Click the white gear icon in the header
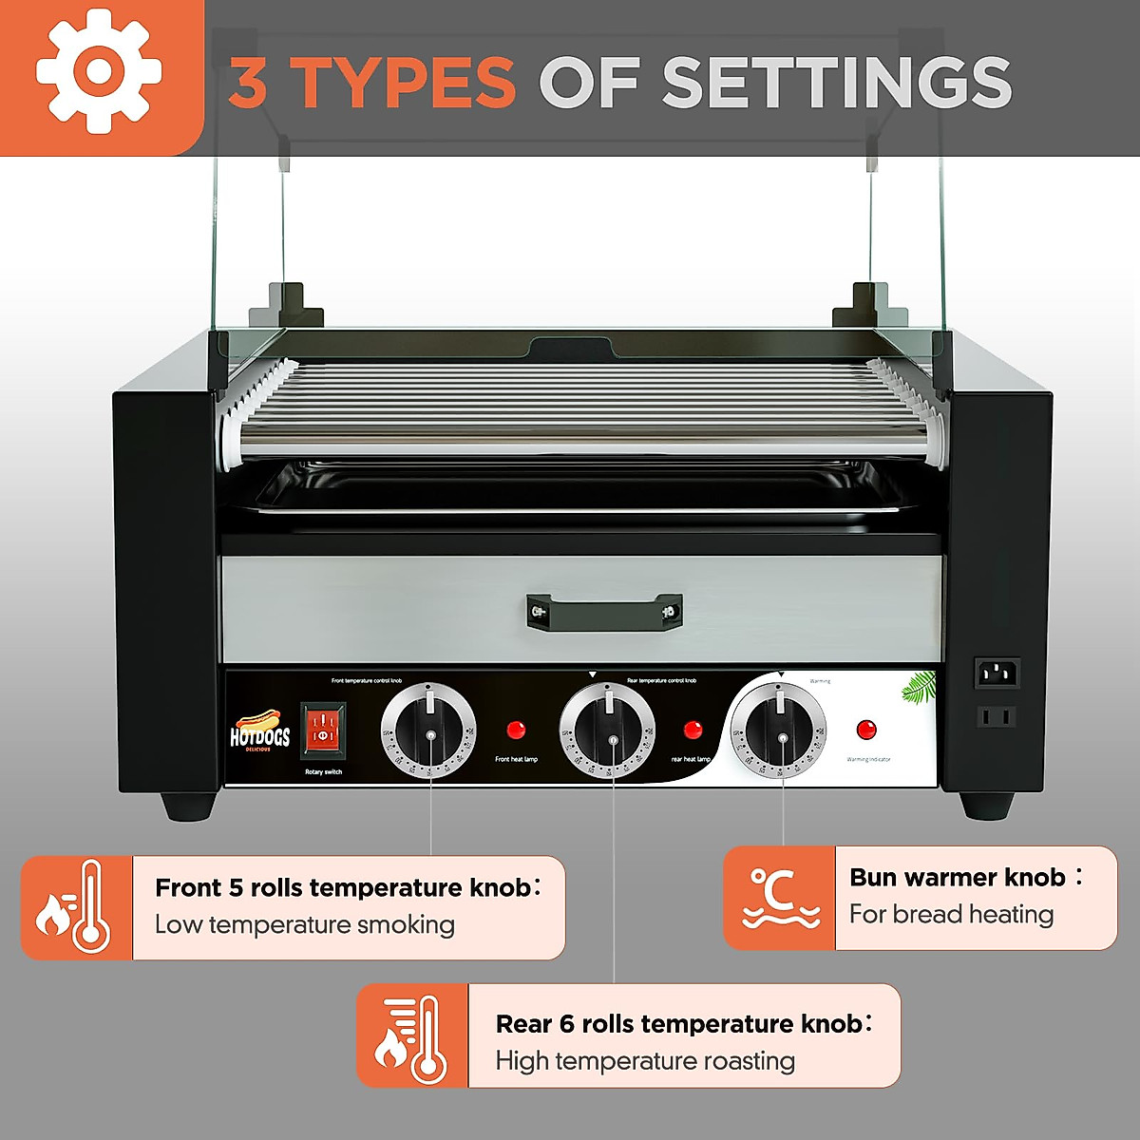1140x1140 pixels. point(98,72)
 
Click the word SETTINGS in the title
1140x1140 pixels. point(836,83)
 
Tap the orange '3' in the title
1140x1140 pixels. point(248,84)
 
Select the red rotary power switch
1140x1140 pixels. point(323,731)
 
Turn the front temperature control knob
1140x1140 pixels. point(428,732)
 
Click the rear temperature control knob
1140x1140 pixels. point(607,732)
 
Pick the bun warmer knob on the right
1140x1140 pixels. point(779,731)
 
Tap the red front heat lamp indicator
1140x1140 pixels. point(516,730)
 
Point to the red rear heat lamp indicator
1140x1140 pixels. point(693,730)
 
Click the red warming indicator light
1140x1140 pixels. point(866,730)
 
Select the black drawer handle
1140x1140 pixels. point(604,610)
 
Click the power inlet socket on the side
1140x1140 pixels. point(997,674)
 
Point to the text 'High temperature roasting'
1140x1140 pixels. point(645,1061)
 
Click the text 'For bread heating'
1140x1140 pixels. point(951,914)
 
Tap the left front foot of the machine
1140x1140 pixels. point(188,806)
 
